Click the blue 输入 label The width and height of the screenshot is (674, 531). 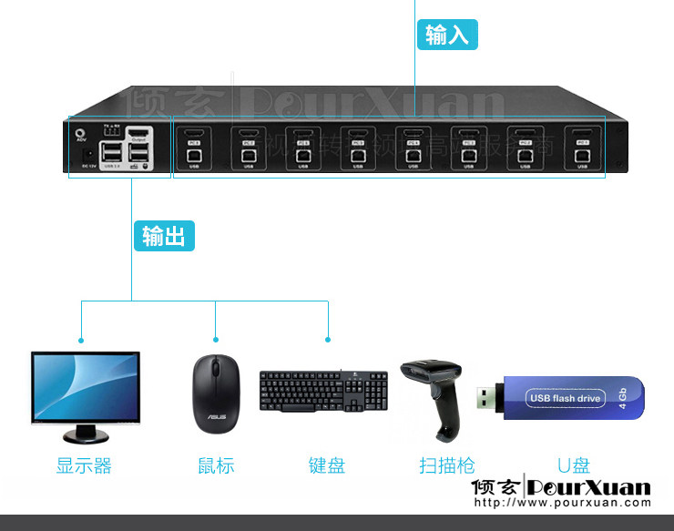(x=447, y=36)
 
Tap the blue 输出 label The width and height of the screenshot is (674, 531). (x=164, y=236)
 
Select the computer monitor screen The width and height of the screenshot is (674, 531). (x=86, y=387)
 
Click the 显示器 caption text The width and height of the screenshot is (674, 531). (x=84, y=465)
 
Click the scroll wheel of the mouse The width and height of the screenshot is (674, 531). (x=216, y=369)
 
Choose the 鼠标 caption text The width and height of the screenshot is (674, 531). (x=216, y=465)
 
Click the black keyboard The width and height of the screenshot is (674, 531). (x=323, y=390)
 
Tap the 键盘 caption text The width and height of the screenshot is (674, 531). (x=327, y=465)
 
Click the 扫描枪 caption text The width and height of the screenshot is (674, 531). (x=447, y=465)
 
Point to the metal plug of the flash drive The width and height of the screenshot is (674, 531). (x=487, y=398)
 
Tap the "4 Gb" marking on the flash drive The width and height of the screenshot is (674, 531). (x=623, y=396)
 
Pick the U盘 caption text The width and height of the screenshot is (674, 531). (x=574, y=465)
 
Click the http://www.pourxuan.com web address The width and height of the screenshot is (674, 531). (x=564, y=502)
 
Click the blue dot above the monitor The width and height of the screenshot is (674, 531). (x=81, y=340)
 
